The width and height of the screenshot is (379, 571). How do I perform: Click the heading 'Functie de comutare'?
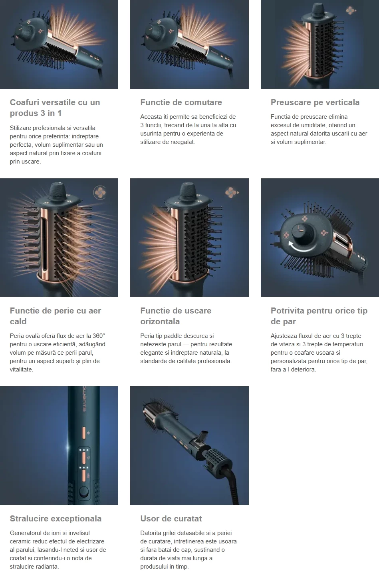point(181,102)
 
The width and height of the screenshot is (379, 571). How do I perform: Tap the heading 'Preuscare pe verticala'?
point(315,102)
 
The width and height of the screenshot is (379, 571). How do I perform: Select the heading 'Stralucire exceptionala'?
point(56,519)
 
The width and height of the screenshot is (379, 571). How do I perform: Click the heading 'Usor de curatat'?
point(171,519)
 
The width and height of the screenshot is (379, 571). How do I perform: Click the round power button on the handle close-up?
point(84,492)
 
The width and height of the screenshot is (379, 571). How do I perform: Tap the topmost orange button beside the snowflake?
point(84,433)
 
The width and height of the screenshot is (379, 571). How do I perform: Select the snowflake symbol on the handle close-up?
point(88,433)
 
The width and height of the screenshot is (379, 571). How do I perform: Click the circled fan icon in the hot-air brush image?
point(99,192)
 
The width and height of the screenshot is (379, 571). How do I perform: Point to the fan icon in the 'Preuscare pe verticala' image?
point(351,10)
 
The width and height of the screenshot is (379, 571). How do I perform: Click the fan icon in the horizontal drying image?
point(232,192)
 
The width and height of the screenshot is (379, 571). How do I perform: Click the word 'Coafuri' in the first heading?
point(24,102)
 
